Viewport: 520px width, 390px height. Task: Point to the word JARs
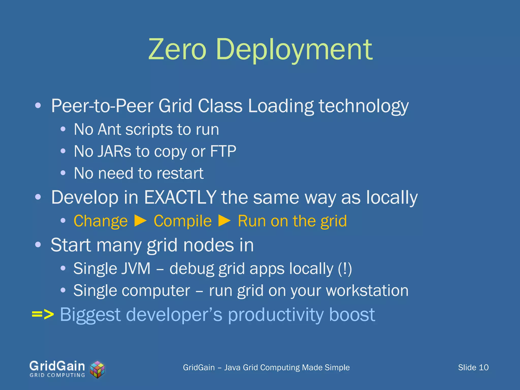coord(115,151)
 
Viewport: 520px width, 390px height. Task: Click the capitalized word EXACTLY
coord(180,197)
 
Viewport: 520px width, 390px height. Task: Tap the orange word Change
coord(101,221)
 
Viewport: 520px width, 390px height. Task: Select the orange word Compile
coord(183,221)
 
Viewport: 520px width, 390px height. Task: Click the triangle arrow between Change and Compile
coord(141,221)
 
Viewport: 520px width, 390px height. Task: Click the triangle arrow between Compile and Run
coord(225,221)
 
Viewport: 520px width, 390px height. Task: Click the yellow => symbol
coord(43,314)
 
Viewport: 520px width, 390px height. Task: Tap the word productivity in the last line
coord(275,315)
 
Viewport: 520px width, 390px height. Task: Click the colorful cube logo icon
coord(97,369)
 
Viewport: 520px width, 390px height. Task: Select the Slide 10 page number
coord(473,367)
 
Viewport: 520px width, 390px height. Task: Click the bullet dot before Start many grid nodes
coord(38,245)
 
